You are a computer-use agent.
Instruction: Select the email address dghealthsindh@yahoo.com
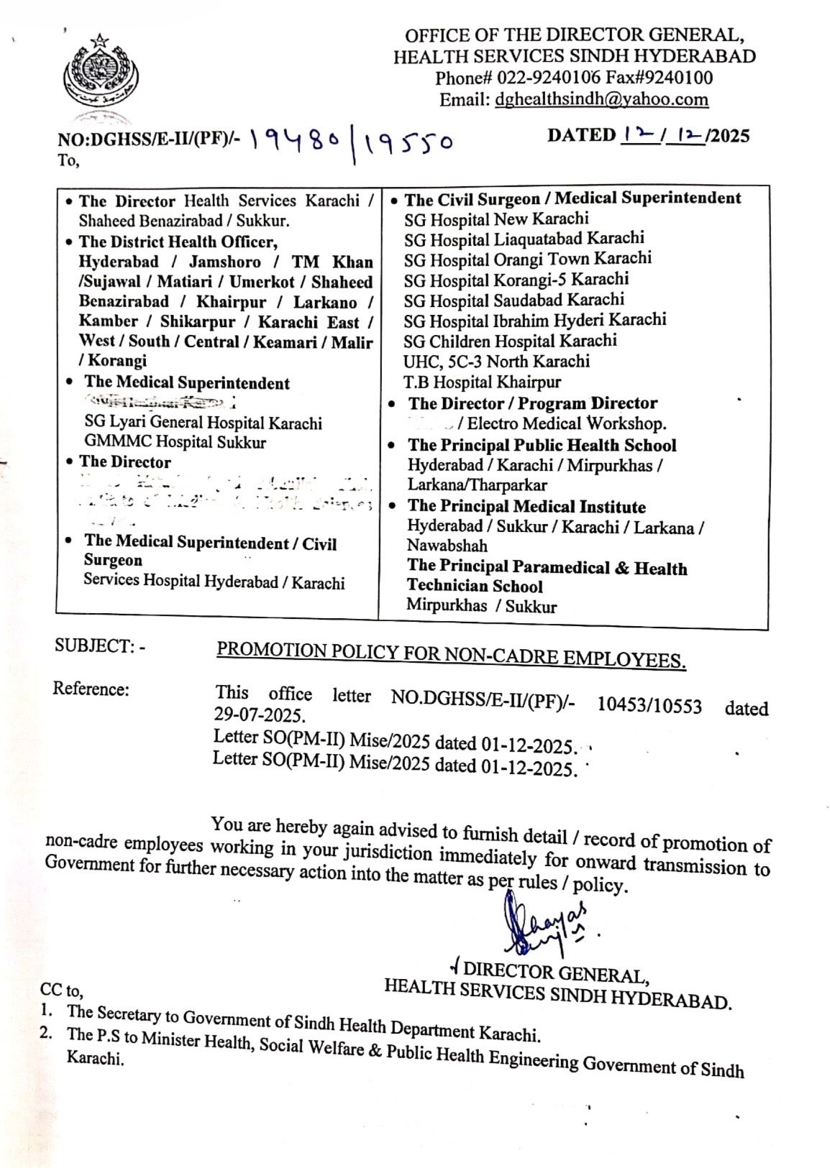[601, 99]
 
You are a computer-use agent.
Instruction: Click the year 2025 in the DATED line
[728, 136]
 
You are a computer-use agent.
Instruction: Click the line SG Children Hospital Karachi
[510, 341]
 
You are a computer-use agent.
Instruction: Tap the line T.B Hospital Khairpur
[482, 382]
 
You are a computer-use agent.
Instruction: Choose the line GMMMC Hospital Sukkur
[175, 442]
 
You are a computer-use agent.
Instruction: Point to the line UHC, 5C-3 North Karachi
[496, 361]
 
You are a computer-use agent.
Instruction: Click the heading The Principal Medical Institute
[526, 507]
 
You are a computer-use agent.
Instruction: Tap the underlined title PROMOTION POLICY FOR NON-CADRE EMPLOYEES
[451, 654]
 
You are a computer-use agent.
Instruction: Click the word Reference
[91, 689]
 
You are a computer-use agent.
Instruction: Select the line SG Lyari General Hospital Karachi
[203, 423]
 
